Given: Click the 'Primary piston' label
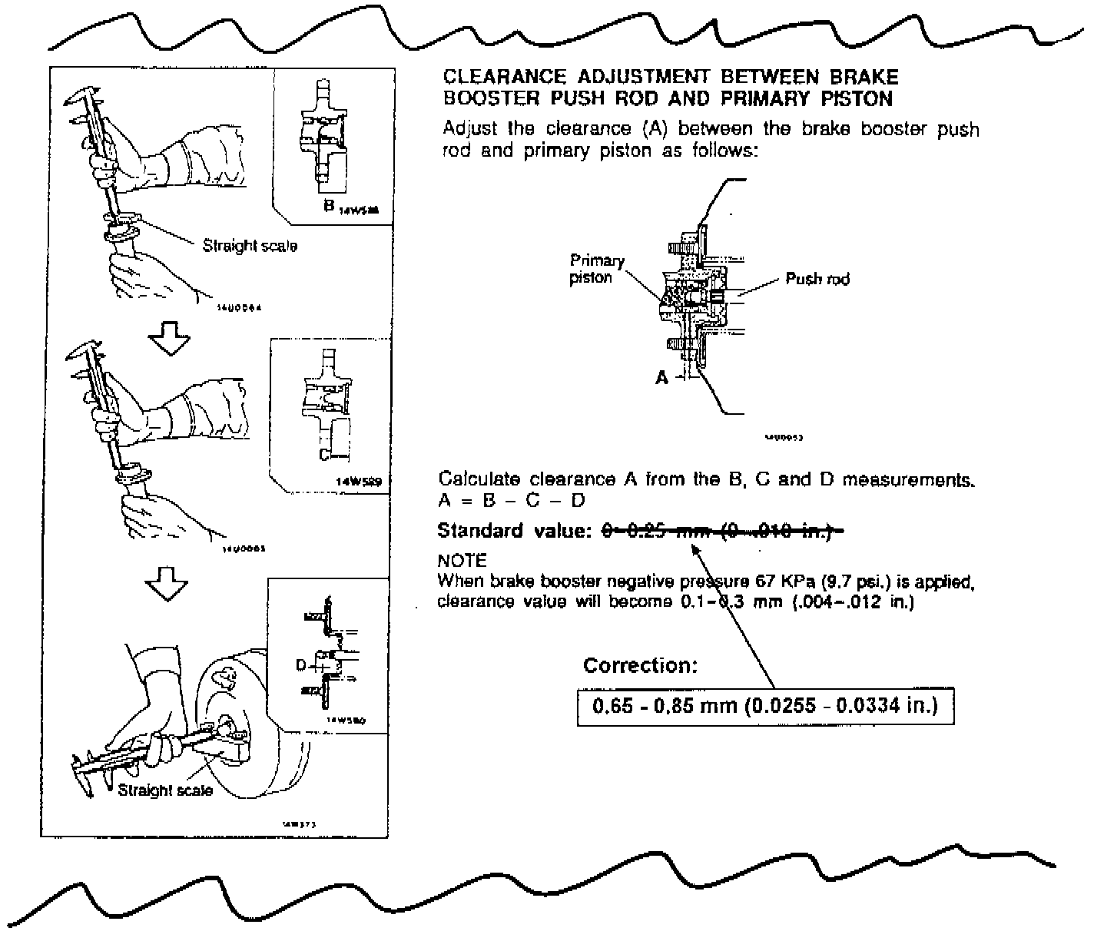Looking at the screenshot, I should pyautogui.click(x=596, y=269).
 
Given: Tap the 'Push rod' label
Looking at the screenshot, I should pyautogui.click(x=817, y=279).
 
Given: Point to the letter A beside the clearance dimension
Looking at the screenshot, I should pyautogui.click(x=661, y=377).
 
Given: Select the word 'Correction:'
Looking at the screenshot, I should pyautogui.click(x=640, y=665).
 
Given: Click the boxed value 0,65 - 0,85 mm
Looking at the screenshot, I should pyautogui.click(x=765, y=705).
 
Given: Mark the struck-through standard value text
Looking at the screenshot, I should pyautogui.click(x=721, y=531).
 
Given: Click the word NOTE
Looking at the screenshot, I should pyautogui.click(x=462, y=561).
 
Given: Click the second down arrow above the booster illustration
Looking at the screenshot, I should pyautogui.click(x=167, y=585).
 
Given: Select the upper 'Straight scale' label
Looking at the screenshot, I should pyautogui.click(x=250, y=246).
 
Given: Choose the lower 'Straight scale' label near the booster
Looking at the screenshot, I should pyautogui.click(x=164, y=790).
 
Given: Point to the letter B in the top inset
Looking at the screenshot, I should pyautogui.click(x=328, y=207).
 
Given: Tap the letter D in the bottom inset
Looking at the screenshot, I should pyautogui.click(x=302, y=664).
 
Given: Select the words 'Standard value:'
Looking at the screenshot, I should pyautogui.click(x=514, y=531).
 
